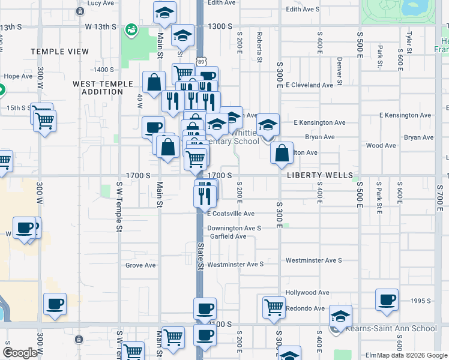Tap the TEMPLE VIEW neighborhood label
59,52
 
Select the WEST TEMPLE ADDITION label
98,88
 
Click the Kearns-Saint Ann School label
391,328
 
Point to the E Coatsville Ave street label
231,214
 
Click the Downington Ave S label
234,229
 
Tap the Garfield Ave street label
228,236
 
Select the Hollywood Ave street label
307,293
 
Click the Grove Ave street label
140,265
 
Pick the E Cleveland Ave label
309,85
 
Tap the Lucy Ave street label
100,3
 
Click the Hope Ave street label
18,76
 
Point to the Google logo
20,353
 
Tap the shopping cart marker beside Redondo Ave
274,306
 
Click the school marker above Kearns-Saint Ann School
340,315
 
